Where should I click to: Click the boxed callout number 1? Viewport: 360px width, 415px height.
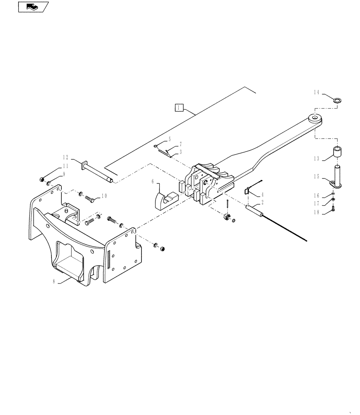pos(178,108)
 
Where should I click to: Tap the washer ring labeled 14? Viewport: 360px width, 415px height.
pos(338,100)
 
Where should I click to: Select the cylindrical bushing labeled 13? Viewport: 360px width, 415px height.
pos(338,153)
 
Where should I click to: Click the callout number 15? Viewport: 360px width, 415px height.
pos(316,177)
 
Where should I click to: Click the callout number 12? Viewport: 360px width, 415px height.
pos(66,157)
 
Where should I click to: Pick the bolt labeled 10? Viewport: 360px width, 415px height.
pos(91,199)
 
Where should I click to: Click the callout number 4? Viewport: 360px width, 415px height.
pos(262,194)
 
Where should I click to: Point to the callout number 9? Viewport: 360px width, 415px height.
pos(64,174)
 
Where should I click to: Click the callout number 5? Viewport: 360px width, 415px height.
pos(169,139)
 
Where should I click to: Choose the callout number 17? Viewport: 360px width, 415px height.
pos(316,203)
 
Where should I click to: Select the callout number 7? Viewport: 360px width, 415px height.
pos(180,145)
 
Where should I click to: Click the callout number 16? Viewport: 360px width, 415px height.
pos(316,195)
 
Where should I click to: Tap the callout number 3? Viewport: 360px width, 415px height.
pos(180,152)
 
